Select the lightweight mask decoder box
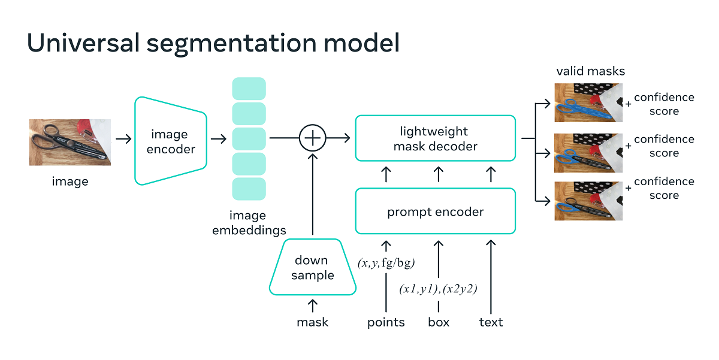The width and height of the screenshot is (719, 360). (x=435, y=138)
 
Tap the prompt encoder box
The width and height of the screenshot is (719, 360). (x=435, y=211)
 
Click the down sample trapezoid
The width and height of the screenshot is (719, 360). (x=312, y=267)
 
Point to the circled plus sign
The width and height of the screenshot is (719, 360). (x=312, y=139)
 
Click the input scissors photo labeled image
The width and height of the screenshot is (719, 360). (x=70, y=142)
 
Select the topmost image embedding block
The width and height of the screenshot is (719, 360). (x=249, y=89)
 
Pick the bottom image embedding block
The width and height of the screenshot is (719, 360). (x=249, y=189)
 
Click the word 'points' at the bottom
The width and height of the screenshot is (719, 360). (x=386, y=322)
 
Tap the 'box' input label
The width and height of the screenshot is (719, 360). (x=439, y=322)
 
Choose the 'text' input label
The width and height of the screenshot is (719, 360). (x=491, y=322)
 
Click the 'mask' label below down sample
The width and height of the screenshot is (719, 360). (x=312, y=322)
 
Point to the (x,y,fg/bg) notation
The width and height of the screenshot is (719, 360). (x=386, y=262)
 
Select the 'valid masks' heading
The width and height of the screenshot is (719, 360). (x=590, y=71)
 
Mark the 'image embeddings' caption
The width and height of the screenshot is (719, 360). (x=249, y=223)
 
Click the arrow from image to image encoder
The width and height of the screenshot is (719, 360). (x=123, y=139)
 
